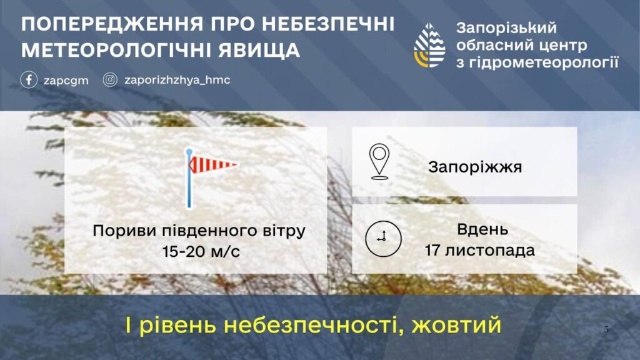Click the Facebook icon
tap(29, 79)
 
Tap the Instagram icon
tap(110, 79)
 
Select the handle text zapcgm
tap(66, 81)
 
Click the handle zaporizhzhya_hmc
tap(177, 79)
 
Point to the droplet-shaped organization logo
tap(429, 45)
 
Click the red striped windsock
tap(213, 164)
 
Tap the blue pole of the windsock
tap(189, 178)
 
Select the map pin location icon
tap(379, 161)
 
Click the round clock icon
tap(383, 239)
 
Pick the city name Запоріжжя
tap(475, 167)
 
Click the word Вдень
tap(482, 229)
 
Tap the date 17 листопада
tap(479, 250)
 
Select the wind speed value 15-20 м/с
tap(201, 251)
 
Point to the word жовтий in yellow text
tap(456, 325)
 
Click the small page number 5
tap(606, 329)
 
